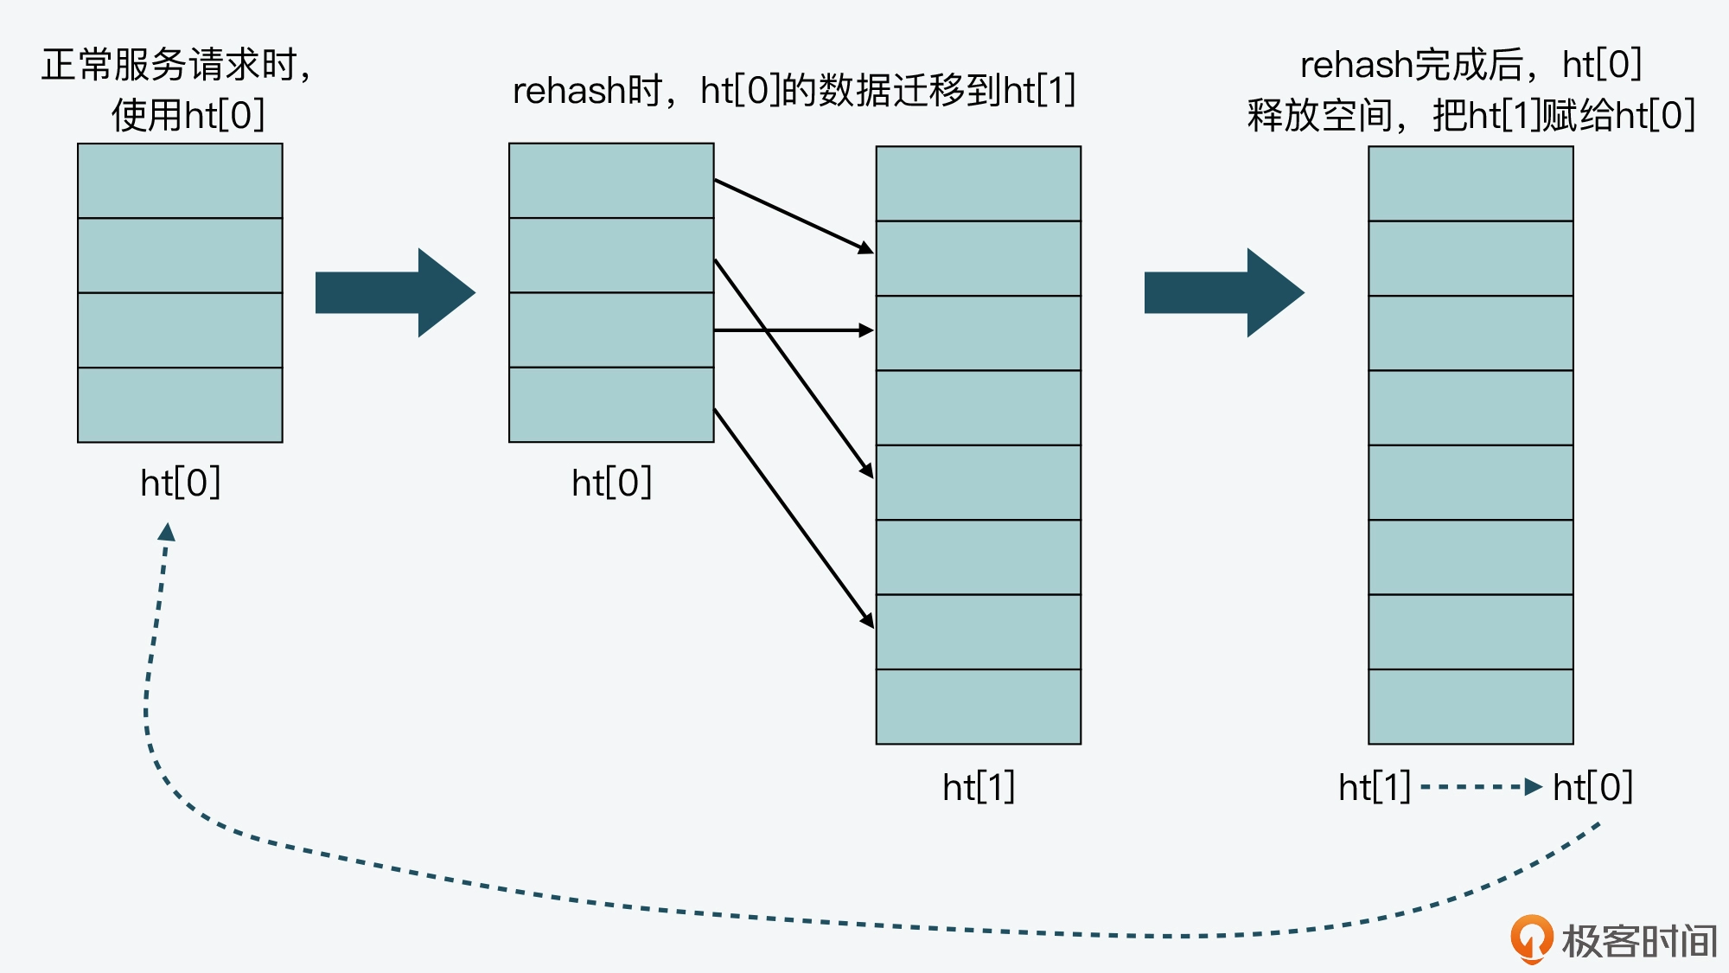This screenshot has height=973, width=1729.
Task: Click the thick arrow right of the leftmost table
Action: pos(394,292)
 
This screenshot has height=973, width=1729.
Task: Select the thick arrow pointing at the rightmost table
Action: pos(1223,292)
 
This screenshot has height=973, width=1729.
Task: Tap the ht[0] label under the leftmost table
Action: pos(180,483)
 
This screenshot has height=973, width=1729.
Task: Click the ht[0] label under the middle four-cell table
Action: pos(611,483)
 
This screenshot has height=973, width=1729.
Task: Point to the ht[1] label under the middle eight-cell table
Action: pos(978,787)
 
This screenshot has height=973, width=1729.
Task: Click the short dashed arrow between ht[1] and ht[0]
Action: pos(1481,787)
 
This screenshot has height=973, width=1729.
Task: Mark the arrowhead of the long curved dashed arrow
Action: pos(167,532)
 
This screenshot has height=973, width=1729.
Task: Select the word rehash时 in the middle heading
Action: pos(587,91)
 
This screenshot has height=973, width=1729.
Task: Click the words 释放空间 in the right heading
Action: pos(1319,116)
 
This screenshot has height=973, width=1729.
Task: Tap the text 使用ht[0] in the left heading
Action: pos(188,115)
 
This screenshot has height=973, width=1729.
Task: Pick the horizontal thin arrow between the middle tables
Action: pos(793,330)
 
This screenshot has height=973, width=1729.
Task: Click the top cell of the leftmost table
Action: pos(180,181)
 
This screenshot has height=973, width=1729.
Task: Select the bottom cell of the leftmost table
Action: pos(180,405)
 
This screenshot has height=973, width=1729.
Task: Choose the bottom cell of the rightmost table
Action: pos(1471,706)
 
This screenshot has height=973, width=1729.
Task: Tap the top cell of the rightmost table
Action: pos(1471,183)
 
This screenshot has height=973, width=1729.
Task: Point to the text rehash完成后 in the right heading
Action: pos(1411,65)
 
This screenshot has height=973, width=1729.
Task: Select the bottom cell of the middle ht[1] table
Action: pos(978,706)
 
